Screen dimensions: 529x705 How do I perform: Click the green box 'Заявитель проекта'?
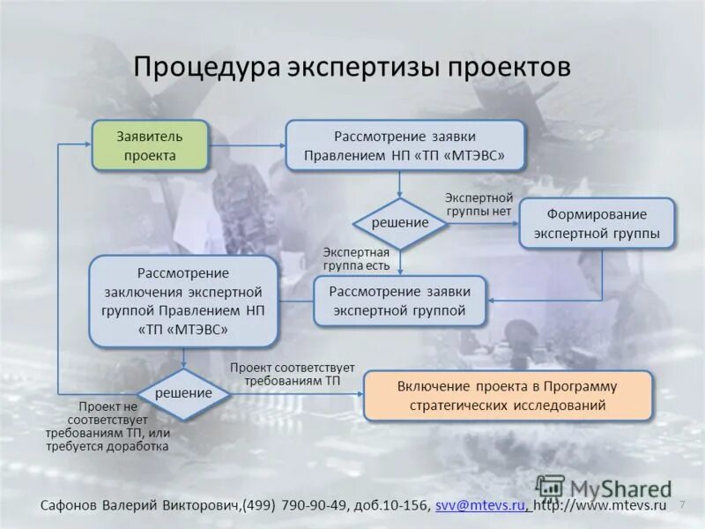pos(150,145)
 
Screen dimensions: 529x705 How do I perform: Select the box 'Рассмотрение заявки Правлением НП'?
pos(404,145)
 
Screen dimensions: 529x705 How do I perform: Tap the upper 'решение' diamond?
pos(399,223)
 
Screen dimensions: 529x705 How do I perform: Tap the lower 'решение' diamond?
pos(183,393)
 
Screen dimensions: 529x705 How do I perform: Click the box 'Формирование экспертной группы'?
pos(597,224)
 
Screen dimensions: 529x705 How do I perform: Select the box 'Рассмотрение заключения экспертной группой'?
pos(183,301)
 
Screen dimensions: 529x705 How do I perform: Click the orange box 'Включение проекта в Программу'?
pos(508,396)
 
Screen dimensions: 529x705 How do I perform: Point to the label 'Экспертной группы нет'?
pos(479,205)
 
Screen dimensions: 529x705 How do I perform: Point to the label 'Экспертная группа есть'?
pos(356,258)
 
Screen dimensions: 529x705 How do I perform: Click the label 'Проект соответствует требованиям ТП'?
pos(292,373)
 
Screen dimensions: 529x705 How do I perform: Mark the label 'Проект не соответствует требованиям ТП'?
pos(109,427)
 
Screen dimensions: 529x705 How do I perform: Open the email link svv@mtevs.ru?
pos(480,505)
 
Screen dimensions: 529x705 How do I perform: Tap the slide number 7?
pos(682,504)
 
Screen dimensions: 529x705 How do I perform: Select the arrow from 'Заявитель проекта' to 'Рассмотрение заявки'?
pos(246,145)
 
